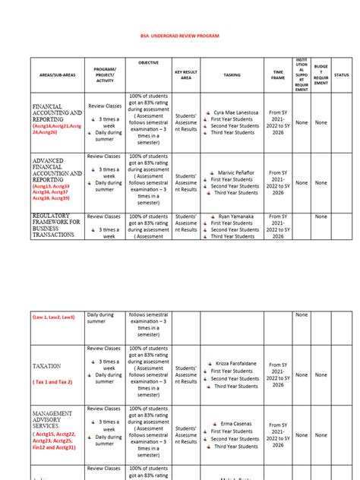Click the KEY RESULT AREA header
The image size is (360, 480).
(x=185, y=74)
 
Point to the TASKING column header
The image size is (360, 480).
(x=232, y=75)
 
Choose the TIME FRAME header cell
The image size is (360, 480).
(x=278, y=74)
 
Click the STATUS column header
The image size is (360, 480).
(x=342, y=75)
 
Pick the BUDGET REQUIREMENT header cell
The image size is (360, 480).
(x=321, y=74)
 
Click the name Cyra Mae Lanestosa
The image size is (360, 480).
(x=238, y=112)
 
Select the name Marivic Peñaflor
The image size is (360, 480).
(x=238, y=172)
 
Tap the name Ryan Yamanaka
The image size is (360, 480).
(x=238, y=216)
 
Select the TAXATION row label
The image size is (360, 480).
(x=46, y=365)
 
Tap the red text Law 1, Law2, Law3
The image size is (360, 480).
(x=53, y=316)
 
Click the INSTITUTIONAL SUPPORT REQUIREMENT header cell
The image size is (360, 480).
(x=302, y=74)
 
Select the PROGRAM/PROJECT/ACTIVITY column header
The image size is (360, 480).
(x=104, y=74)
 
